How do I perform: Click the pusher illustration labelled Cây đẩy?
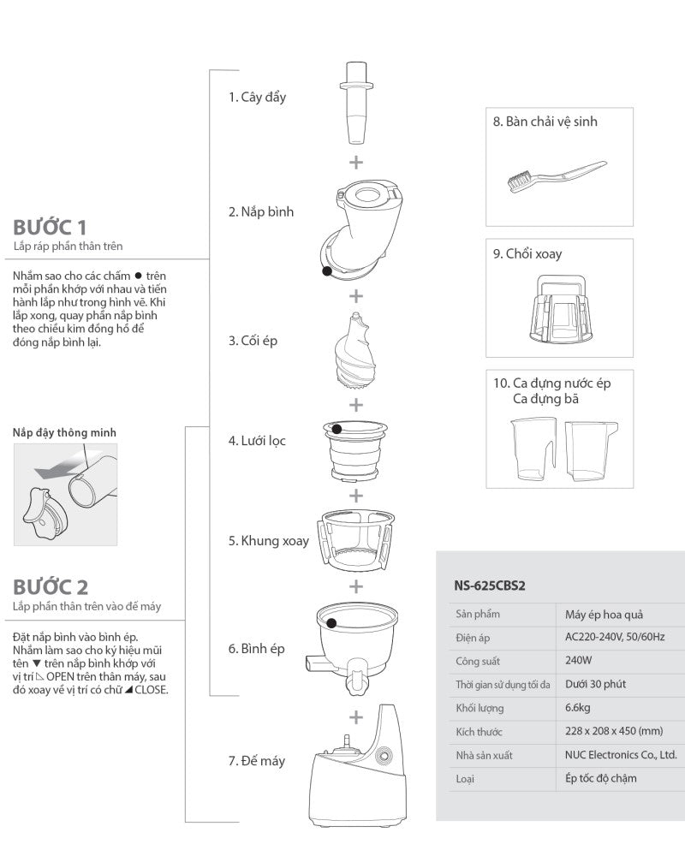tap(356, 103)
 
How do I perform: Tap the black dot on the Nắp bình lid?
tap(327, 270)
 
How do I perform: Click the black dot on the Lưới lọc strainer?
tap(337, 429)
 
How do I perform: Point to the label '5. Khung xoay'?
tap(268, 540)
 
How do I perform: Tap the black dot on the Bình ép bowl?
tap(331, 623)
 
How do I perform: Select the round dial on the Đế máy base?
tap(384, 756)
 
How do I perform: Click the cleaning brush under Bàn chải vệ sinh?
tap(556, 175)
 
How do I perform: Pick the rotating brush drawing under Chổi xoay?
tap(561, 309)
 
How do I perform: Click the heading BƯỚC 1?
tap(50, 227)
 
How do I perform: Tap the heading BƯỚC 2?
tap(51, 587)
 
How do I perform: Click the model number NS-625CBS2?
tap(490, 586)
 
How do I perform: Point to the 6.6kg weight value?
tap(578, 708)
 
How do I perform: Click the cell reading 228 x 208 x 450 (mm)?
tap(614, 731)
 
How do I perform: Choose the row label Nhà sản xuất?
tap(484, 755)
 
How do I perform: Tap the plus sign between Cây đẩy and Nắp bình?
tap(356, 162)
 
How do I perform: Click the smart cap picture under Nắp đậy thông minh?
tap(66, 495)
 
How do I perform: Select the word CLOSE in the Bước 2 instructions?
tap(152, 689)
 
